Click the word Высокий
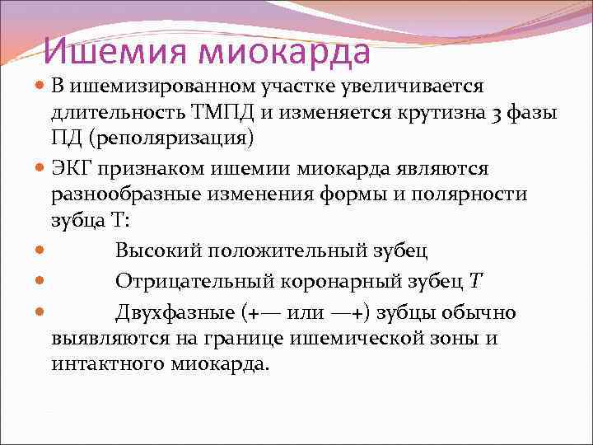tap(159, 249)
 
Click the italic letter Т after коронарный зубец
tap(475, 281)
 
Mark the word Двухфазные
tap(175, 313)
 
